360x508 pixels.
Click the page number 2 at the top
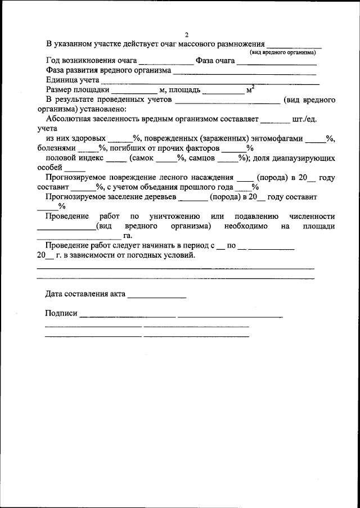(x=186, y=34)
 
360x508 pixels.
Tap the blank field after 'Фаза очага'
(x=277, y=61)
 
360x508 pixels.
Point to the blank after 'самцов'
(x=227, y=159)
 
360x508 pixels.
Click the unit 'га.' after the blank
(x=128, y=236)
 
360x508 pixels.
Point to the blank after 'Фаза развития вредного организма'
(x=244, y=71)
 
